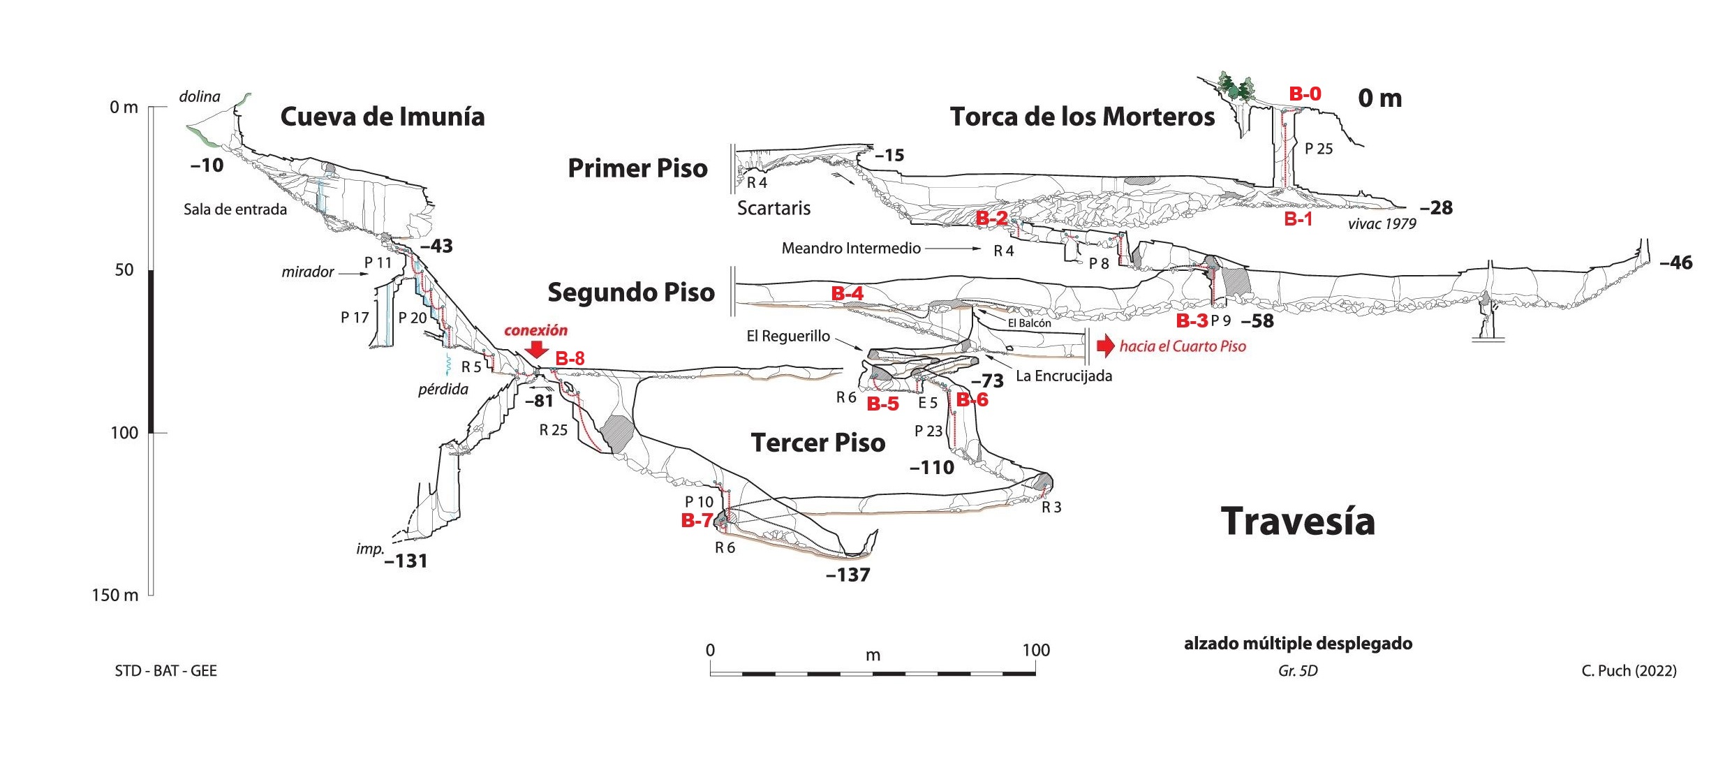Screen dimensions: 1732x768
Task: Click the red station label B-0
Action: point(1305,94)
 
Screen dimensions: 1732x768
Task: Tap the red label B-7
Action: point(697,520)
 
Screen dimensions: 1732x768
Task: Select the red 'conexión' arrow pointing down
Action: point(535,349)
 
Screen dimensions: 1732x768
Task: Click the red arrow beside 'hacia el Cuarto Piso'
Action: point(1106,346)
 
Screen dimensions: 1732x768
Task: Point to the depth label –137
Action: point(848,575)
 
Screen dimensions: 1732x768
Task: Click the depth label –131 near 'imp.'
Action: point(406,561)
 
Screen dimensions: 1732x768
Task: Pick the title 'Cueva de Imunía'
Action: point(383,117)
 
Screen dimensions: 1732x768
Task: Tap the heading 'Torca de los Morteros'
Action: point(1082,117)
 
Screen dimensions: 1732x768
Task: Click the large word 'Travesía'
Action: point(1298,522)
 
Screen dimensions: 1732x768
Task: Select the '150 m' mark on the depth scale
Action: point(115,595)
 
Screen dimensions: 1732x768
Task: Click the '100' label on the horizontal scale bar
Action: point(1036,650)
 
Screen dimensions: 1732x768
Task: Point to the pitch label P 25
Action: point(1319,149)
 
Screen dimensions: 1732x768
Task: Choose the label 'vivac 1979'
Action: point(1382,223)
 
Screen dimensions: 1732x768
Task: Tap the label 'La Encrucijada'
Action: point(1064,376)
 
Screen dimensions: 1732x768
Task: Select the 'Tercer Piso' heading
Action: point(818,443)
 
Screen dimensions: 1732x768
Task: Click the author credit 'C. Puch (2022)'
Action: point(1629,671)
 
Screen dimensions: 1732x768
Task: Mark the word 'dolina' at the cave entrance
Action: point(200,96)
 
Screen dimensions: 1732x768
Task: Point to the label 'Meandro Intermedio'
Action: point(851,248)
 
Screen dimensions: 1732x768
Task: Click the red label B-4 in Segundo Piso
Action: point(847,293)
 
